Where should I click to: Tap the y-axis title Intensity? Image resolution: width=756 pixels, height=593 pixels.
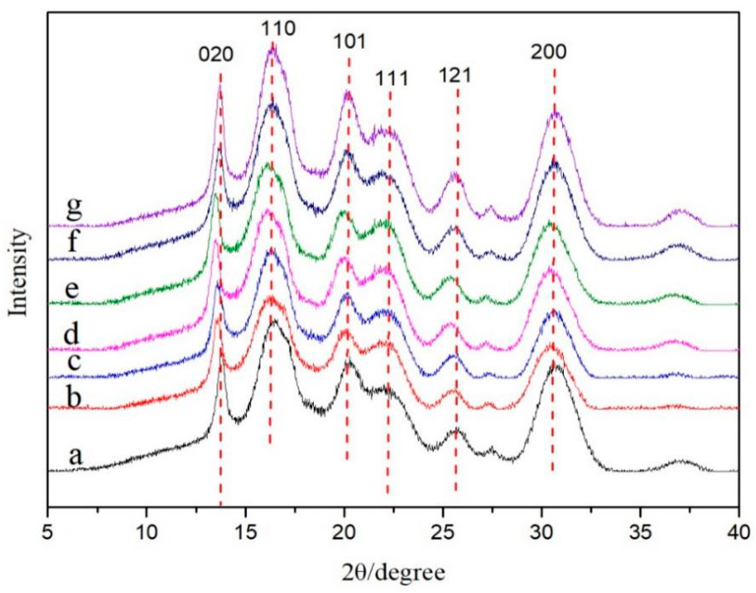pyautogui.click(x=18, y=273)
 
